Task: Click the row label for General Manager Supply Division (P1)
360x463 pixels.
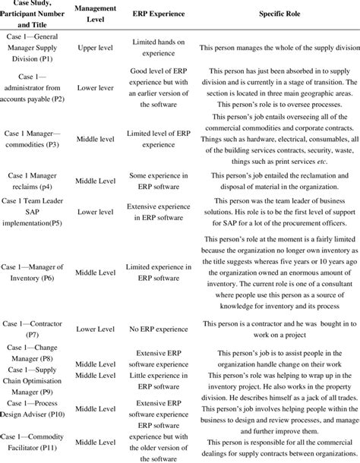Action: [40, 48]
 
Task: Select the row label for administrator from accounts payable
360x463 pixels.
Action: [40, 87]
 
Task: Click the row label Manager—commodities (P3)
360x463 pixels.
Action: [40, 140]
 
